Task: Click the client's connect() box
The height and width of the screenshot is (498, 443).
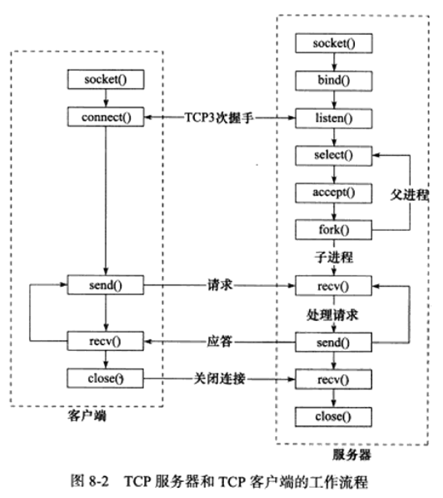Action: click(x=105, y=117)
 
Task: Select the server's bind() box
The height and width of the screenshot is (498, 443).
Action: click(x=334, y=81)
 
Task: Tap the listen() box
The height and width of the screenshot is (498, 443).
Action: click(x=334, y=119)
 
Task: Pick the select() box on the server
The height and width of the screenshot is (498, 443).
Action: click(x=334, y=156)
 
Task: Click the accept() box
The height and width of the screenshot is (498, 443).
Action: click(x=334, y=193)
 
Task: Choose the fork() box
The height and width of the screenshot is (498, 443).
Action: click(x=334, y=230)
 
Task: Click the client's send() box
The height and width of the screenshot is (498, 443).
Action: click(x=105, y=285)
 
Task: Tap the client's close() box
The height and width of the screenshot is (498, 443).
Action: click(x=105, y=379)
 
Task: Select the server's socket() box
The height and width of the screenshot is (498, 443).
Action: click(x=334, y=43)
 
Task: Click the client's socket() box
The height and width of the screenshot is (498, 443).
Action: click(x=105, y=79)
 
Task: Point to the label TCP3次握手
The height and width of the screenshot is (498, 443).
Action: click(x=219, y=118)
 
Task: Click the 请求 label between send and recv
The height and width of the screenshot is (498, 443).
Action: click(x=220, y=285)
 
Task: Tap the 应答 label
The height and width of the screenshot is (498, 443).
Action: click(x=220, y=341)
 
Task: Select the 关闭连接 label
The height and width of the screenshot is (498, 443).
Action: click(x=220, y=379)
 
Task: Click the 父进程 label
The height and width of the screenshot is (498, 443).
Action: click(x=410, y=194)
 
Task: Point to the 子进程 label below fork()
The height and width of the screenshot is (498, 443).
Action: click(x=334, y=257)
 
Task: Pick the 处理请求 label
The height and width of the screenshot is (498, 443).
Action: click(x=332, y=315)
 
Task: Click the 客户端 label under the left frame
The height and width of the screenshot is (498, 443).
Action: click(x=87, y=416)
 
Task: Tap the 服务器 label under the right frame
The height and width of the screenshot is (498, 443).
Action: click(x=351, y=454)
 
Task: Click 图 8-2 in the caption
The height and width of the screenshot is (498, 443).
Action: click(x=89, y=481)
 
